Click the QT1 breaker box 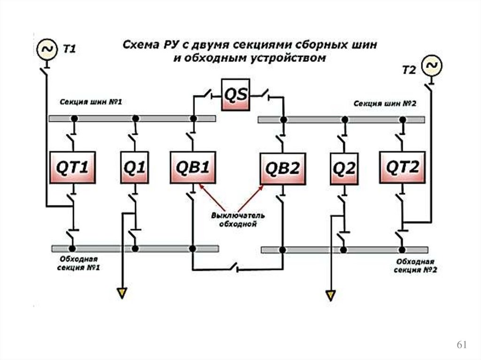(x=72, y=167)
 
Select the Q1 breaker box (x=135, y=168)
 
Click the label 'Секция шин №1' (x=91, y=102)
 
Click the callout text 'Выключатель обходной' (x=238, y=220)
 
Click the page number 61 (x=462, y=345)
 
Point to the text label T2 (x=409, y=70)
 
